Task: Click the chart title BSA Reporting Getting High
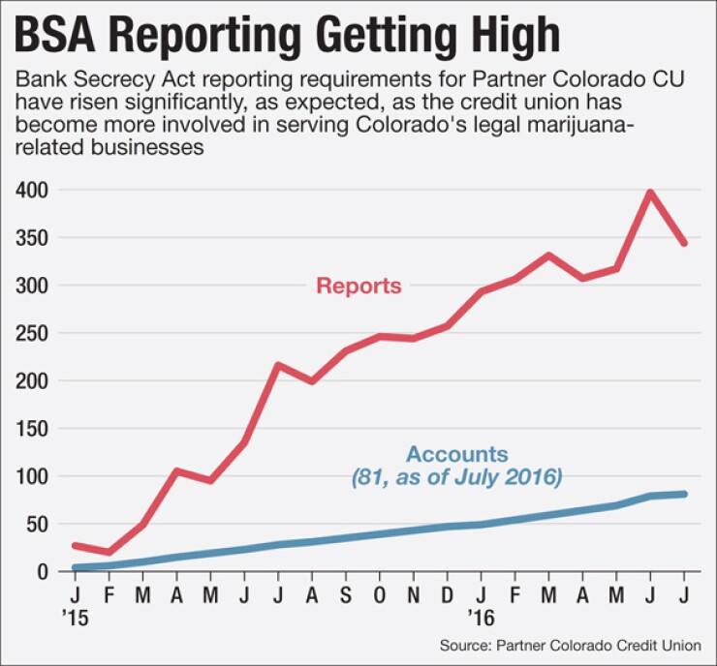click(x=287, y=35)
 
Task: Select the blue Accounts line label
click(x=457, y=454)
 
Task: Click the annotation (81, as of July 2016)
click(x=457, y=476)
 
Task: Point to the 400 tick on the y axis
click(x=33, y=191)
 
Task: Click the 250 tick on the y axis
click(x=33, y=333)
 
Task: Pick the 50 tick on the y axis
click(x=37, y=524)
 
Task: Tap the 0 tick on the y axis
click(x=42, y=571)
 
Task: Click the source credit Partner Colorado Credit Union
click(x=577, y=644)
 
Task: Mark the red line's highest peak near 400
click(x=649, y=192)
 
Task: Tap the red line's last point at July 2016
click(x=684, y=243)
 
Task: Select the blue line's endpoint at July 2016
click(x=684, y=494)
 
